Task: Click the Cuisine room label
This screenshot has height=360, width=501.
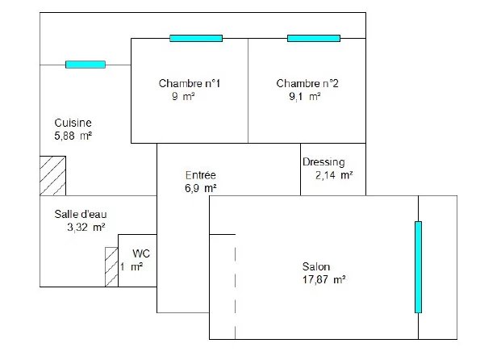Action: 73,123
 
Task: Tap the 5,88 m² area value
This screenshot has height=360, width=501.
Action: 73,136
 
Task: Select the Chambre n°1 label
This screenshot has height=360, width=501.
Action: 190,83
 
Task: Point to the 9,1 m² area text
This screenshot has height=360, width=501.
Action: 305,96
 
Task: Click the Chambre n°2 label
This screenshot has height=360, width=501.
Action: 307,83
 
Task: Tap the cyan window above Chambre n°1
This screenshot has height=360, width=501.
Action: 196,39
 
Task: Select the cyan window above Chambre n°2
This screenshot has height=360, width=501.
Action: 314,39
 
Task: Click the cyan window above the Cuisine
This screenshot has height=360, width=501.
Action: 86,65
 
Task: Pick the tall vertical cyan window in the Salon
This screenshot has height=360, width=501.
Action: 418,267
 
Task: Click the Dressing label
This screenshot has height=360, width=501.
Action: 324,162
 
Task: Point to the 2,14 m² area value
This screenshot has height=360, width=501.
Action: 334,175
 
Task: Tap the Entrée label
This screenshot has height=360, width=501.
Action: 201,175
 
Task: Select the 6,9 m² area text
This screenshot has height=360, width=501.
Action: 201,188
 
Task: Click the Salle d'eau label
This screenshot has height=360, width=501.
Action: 81,214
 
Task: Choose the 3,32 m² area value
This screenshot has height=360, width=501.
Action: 86,228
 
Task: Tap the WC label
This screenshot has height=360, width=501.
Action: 141,253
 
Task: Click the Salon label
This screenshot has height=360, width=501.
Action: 316,266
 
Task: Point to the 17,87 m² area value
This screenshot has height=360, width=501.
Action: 324,280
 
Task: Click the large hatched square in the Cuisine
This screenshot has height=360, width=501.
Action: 52,176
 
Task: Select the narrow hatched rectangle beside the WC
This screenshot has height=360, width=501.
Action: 111,267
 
